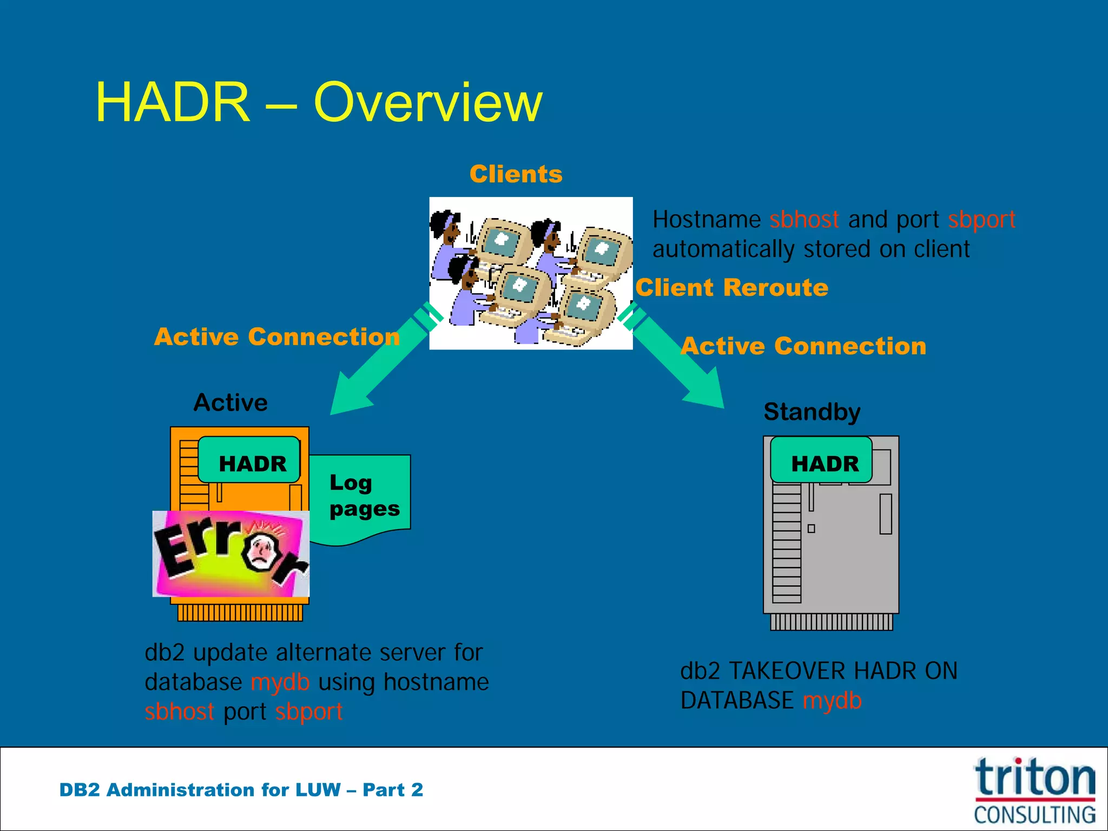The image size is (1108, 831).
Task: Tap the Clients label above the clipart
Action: point(516,174)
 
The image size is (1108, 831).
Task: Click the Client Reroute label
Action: point(731,287)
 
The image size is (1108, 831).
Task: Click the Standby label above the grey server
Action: point(812,412)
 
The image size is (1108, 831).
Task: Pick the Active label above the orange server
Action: point(230,403)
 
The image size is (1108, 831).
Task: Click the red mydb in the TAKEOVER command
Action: point(832,701)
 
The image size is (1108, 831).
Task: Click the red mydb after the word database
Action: point(280,683)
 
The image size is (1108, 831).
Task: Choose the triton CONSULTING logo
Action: point(1034,791)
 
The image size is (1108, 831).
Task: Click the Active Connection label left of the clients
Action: point(277,337)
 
